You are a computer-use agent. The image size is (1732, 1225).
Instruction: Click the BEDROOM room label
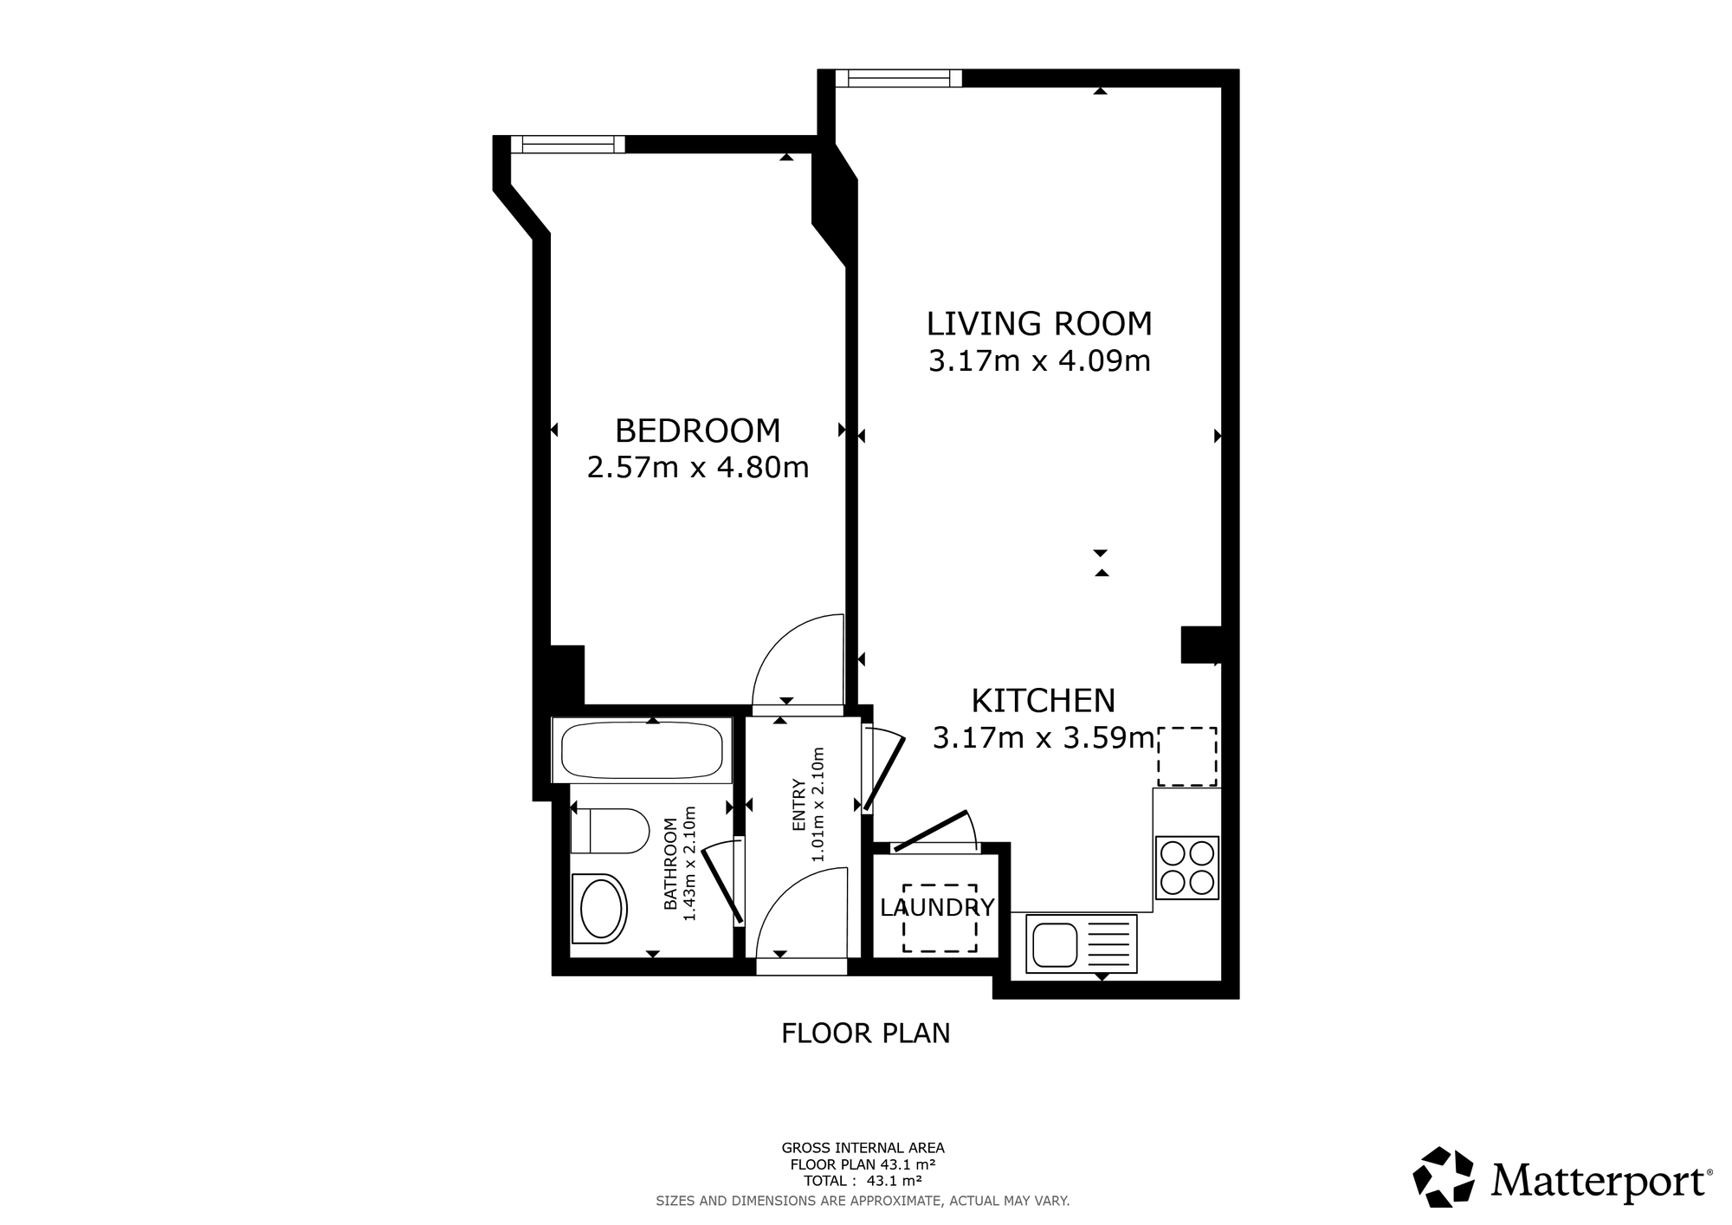coord(697,431)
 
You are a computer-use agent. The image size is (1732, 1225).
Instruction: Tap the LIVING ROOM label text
coord(1039,324)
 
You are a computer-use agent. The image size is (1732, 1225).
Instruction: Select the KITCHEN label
coord(1043,700)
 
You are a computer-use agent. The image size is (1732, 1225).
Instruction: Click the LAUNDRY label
coord(937,908)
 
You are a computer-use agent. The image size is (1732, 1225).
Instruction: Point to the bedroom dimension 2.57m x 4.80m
coord(698,468)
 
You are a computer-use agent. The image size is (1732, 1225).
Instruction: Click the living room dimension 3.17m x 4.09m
coord(1039,361)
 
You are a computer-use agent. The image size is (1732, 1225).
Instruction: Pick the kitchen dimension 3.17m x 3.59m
coord(1044,738)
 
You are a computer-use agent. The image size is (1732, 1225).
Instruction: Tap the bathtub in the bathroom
coord(642,750)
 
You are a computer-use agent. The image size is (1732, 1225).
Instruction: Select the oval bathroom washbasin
coord(599,909)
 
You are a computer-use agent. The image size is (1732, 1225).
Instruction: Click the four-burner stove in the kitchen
coord(1187,867)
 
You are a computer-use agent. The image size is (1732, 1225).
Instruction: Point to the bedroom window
coord(567,145)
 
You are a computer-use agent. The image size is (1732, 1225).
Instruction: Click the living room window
coord(899,78)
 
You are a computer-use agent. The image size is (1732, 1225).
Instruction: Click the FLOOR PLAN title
coord(866,1034)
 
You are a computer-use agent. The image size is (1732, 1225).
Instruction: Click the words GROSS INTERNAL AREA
coord(863,1149)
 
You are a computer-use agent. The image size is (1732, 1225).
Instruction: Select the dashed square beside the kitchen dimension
coord(1187,756)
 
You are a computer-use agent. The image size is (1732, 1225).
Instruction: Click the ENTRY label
coord(798,806)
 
